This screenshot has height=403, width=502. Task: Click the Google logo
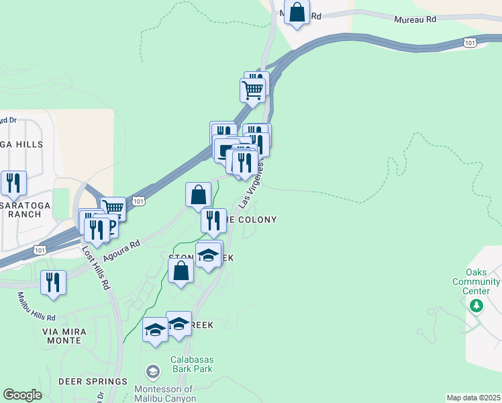[22, 395]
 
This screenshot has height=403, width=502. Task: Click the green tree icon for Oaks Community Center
[476, 306]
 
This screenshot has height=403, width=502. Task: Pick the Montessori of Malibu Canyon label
[164, 394]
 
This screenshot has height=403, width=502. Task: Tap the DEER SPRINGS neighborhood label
[93, 382]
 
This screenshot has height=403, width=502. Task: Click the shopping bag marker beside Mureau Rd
[296, 13]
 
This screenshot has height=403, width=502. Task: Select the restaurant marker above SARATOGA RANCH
[13, 183]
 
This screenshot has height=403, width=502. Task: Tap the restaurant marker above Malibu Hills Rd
[53, 282]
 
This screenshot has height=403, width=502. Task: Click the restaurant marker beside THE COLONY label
[213, 219]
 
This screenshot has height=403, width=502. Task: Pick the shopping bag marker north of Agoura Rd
[199, 195]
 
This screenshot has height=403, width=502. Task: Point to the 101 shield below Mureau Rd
[470, 42]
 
